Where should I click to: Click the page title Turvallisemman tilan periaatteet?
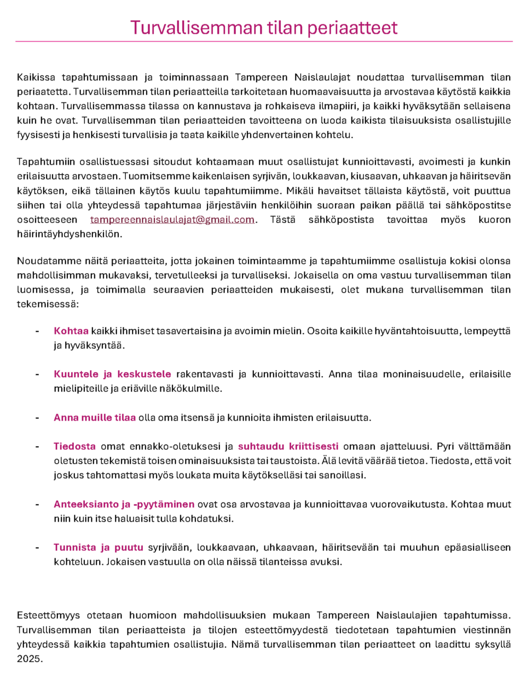click(264, 27)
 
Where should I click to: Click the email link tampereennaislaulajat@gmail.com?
click(172, 220)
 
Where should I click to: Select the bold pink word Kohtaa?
click(71, 331)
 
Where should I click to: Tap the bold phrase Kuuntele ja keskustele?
click(112, 374)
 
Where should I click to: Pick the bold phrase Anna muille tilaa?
click(95, 418)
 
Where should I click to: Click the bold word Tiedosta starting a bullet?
click(74, 446)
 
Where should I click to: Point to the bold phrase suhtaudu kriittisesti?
click(288, 446)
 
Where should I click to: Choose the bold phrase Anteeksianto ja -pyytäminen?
click(124, 504)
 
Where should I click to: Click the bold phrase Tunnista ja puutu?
click(98, 548)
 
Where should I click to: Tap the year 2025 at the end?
click(29, 659)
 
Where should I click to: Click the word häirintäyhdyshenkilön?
click(69, 234)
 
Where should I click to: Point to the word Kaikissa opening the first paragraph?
click(36, 77)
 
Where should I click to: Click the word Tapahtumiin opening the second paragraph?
click(44, 162)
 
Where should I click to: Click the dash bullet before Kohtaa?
click(37, 331)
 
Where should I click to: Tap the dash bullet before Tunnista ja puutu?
click(37, 548)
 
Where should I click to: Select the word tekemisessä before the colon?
click(46, 304)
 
